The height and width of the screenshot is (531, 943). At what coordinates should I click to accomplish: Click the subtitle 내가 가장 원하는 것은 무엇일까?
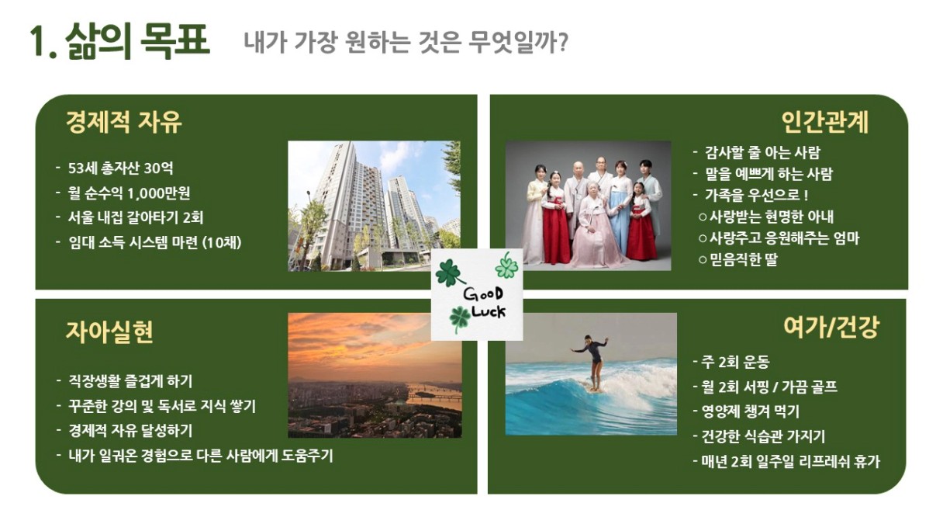click(406, 42)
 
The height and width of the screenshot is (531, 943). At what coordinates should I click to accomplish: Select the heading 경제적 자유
click(124, 122)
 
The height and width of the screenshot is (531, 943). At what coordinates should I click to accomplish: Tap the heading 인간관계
click(824, 122)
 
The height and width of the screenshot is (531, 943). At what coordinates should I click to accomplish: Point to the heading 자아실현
click(109, 331)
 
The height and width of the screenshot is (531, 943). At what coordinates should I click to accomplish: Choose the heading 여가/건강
click(831, 328)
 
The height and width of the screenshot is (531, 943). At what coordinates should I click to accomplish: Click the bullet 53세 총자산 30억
click(120, 168)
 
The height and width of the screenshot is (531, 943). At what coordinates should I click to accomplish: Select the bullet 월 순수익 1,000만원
click(129, 193)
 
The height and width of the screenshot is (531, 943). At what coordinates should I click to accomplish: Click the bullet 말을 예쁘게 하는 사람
click(769, 174)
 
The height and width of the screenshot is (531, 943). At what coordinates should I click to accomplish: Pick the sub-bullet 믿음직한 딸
click(744, 259)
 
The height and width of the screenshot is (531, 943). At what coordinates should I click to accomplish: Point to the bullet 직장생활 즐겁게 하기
click(130, 381)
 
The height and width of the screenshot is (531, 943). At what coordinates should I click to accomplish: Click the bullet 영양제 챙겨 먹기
click(750, 411)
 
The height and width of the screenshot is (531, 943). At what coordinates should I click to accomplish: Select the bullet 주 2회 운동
click(735, 362)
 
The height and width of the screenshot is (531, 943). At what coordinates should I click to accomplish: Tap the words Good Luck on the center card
click(485, 303)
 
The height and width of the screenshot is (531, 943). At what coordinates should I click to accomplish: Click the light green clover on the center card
click(507, 266)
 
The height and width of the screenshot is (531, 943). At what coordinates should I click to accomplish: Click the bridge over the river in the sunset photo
click(434, 397)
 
